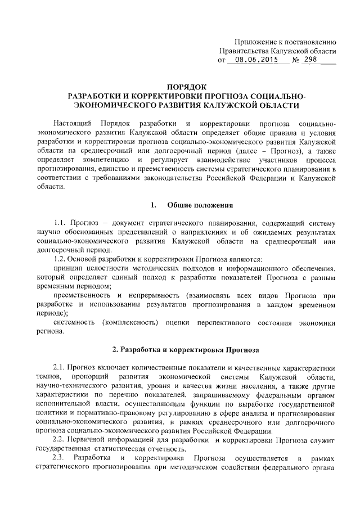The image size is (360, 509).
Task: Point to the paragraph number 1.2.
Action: point(59,259)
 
